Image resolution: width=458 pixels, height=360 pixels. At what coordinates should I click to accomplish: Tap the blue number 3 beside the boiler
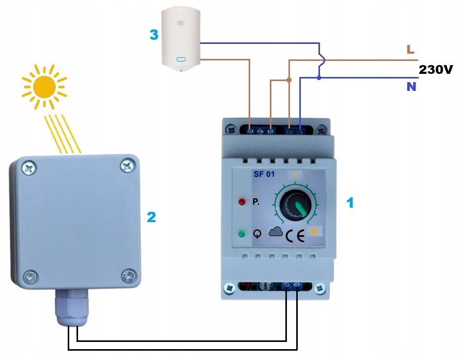click(x=154, y=35)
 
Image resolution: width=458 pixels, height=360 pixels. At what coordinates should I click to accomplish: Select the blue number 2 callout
click(x=151, y=217)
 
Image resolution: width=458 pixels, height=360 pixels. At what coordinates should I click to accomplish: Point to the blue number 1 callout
click(x=350, y=203)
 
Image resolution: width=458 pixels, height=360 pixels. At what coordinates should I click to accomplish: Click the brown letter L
click(x=410, y=50)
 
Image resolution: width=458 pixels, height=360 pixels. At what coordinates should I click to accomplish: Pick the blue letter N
click(x=411, y=87)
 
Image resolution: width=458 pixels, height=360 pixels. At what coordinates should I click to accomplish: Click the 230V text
click(x=436, y=69)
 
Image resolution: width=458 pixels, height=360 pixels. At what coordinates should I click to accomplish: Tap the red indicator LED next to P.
click(x=241, y=201)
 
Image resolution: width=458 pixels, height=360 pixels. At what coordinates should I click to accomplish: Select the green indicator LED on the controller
click(x=241, y=234)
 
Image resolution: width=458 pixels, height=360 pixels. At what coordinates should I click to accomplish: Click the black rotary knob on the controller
click(x=293, y=207)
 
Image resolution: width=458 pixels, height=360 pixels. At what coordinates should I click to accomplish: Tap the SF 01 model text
click(x=264, y=174)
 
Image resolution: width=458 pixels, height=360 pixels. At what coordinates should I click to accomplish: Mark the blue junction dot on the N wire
click(x=319, y=79)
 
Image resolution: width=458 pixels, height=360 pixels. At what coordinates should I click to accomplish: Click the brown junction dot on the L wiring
click(x=289, y=80)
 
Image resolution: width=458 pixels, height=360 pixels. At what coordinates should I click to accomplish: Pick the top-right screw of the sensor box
click(x=127, y=165)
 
